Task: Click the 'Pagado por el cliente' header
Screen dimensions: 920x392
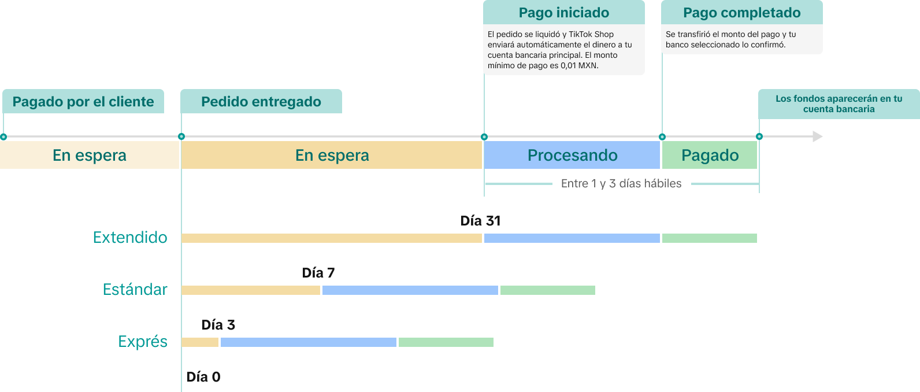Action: pyautogui.click(x=83, y=101)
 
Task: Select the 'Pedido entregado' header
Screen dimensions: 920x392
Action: pyautogui.click(x=261, y=101)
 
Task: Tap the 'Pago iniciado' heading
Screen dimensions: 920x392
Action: pyautogui.click(x=564, y=12)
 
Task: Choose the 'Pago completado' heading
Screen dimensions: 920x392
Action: pyautogui.click(x=742, y=12)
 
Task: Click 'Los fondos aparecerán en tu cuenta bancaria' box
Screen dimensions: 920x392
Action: pyautogui.click(x=839, y=104)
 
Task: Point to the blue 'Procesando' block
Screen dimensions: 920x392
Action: pyautogui.click(x=572, y=155)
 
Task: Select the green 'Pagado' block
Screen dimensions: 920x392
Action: pyautogui.click(x=710, y=155)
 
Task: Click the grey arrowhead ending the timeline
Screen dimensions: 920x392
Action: pyautogui.click(x=818, y=136)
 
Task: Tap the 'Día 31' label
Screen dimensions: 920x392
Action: pyautogui.click(x=480, y=221)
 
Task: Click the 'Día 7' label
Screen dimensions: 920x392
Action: pyautogui.click(x=318, y=273)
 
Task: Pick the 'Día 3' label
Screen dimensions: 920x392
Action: pyautogui.click(x=218, y=325)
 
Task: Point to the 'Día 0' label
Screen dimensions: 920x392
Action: pyautogui.click(x=203, y=377)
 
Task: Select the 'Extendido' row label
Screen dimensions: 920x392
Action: pyautogui.click(x=130, y=238)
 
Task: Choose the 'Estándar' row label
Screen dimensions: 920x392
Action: pyautogui.click(x=135, y=289)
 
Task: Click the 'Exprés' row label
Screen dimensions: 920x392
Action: pyautogui.click(x=143, y=342)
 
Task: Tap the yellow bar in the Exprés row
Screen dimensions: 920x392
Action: pyautogui.click(x=200, y=342)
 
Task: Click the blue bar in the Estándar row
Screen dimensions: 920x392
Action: pyautogui.click(x=410, y=290)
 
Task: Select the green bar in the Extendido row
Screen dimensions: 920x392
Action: pyautogui.click(x=710, y=238)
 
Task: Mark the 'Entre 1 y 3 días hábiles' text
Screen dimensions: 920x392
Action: pyautogui.click(x=621, y=183)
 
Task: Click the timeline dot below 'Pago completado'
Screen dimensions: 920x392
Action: pyautogui.click(x=662, y=137)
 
